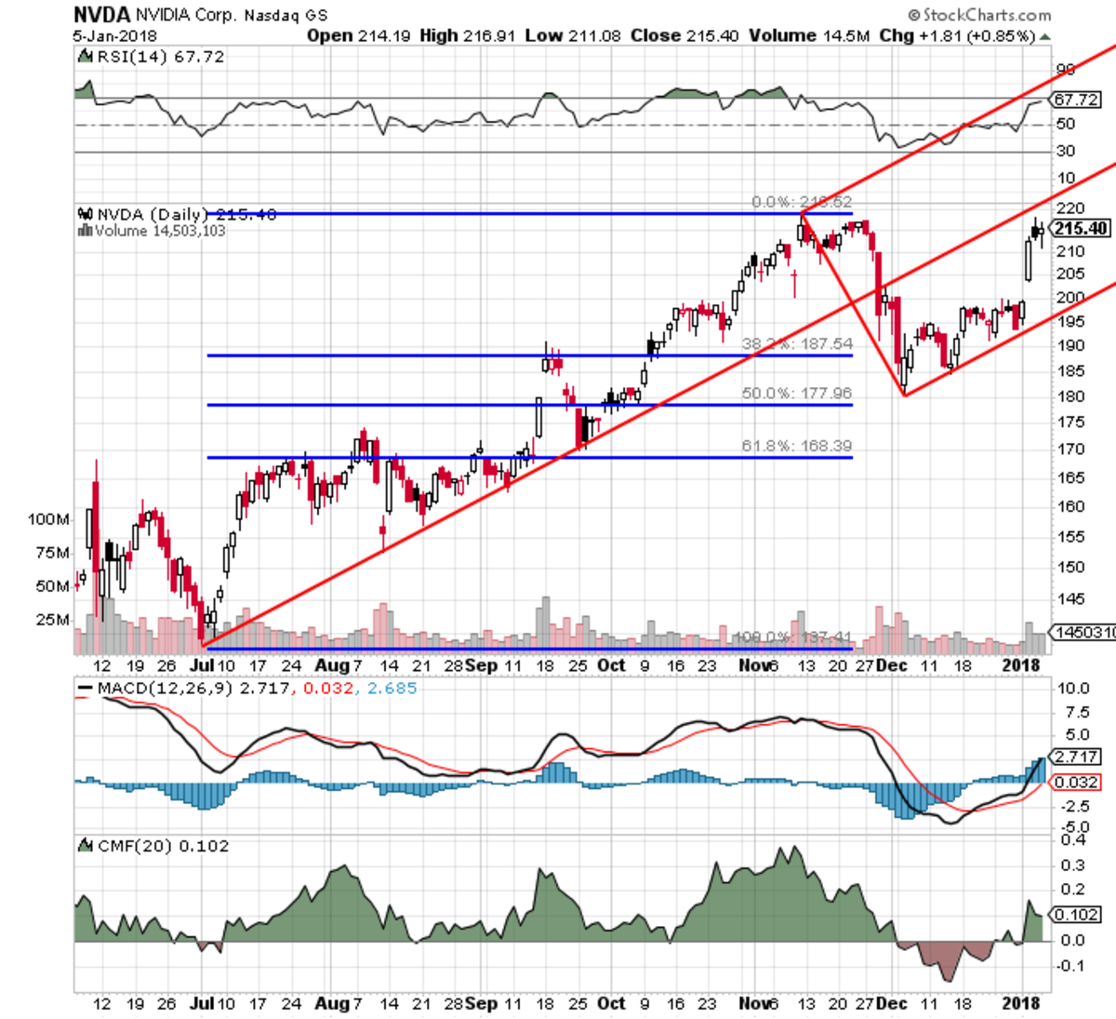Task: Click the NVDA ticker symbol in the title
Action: (102, 14)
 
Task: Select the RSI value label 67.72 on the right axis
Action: (1077, 100)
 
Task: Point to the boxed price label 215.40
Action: (1080, 229)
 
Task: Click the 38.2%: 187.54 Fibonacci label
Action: (797, 344)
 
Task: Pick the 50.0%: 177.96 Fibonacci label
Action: (797, 394)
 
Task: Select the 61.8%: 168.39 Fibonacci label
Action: (797, 446)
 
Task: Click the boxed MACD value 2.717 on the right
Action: (1077, 757)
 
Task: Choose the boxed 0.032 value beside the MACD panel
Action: (1077, 783)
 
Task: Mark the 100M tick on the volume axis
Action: (48, 519)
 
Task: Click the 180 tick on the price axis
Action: (1071, 396)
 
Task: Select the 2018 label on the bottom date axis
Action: (1022, 1003)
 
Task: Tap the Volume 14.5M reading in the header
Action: (810, 35)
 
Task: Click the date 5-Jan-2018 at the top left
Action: (115, 35)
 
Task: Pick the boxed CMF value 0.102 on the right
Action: (1077, 915)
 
